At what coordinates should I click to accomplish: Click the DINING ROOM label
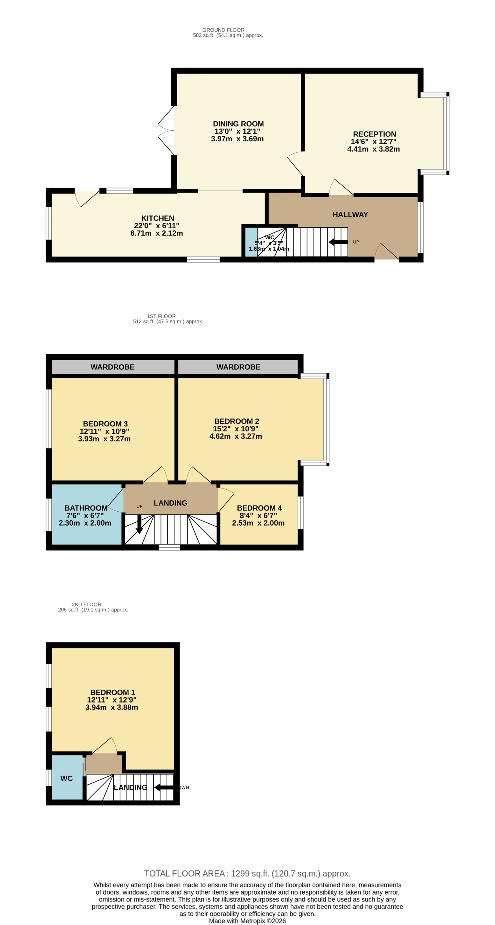click(238, 124)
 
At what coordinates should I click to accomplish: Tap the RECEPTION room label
click(374, 134)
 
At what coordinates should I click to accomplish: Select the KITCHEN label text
click(157, 218)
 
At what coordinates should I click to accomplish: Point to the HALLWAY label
click(350, 215)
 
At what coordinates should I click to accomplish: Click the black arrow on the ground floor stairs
click(338, 242)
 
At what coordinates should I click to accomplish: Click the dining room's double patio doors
click(166, 130)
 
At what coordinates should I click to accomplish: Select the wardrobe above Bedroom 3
click(112, 367)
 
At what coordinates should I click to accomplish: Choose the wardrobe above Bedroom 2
click(238, 367)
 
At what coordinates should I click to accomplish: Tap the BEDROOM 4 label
click(259, 508)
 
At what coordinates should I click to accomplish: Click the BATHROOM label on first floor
click(86, 508)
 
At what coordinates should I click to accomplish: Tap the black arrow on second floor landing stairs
click(164, 787)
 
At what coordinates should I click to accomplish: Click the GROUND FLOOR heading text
click(223, 30)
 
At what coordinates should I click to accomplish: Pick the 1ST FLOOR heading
click(161, 316)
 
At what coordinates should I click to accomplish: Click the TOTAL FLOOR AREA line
click(247, 874)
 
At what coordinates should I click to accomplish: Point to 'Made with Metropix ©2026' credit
click(247, 921)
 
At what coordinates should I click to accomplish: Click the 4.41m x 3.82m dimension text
click(373, 149)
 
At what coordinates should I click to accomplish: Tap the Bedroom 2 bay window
click(326, 419)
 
